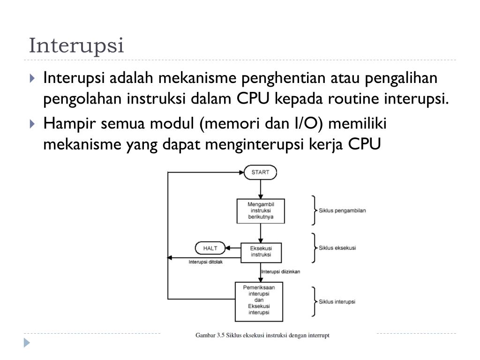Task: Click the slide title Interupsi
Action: coord(76,45)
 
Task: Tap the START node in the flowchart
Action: coord(260,172)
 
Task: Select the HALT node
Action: coord(210,248)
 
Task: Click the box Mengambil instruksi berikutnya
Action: coord(261,210)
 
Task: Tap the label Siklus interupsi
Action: coord(337,301)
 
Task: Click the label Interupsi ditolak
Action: coord(206,262)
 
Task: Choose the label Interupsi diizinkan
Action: coord(281,271)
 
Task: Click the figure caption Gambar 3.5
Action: coord(262,336)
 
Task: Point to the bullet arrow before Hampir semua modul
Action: coord(32,124)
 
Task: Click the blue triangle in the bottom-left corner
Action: coord(27,343)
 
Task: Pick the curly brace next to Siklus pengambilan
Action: coord(314,210)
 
